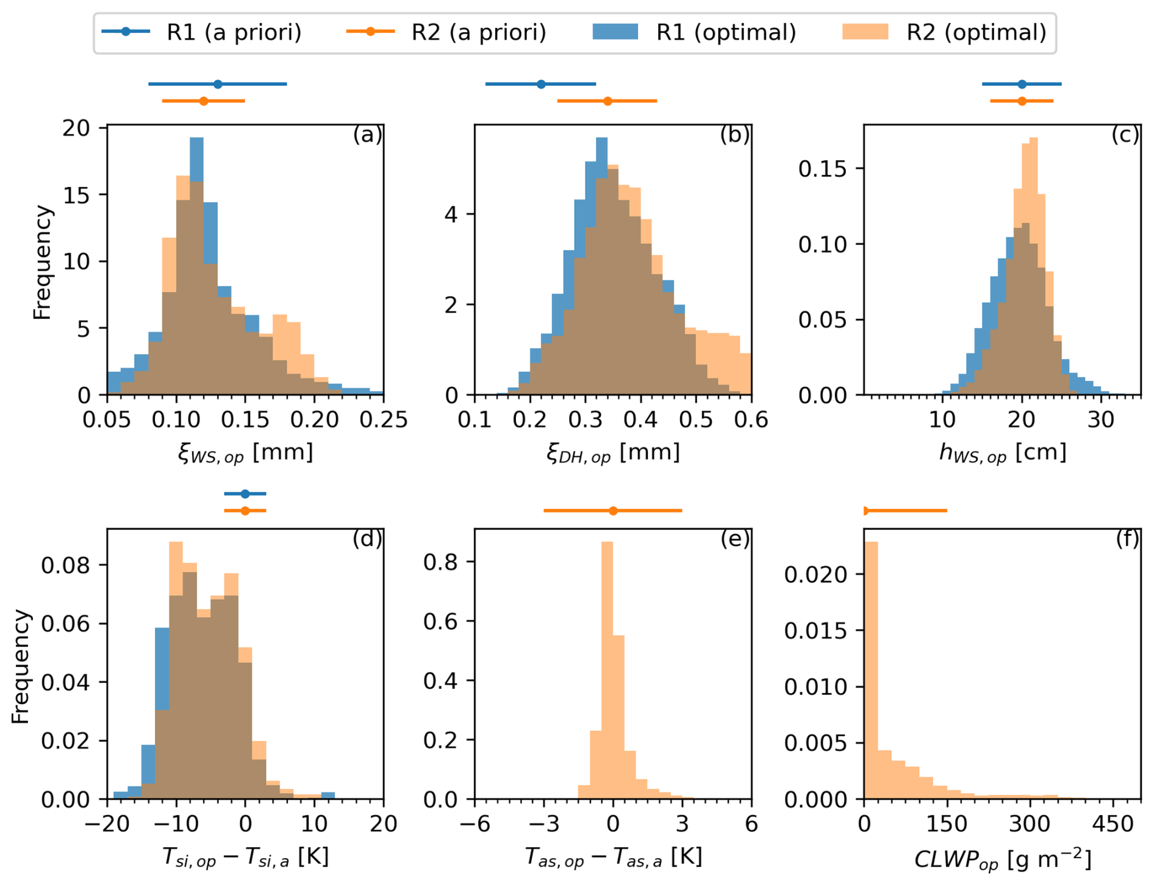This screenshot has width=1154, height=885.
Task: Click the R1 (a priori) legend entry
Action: [x=201, y=32]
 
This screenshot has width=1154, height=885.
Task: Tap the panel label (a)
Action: [x=367, y=135]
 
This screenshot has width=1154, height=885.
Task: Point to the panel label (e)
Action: [x=735, y=539]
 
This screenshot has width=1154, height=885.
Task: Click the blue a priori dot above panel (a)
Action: [x=218, y=84]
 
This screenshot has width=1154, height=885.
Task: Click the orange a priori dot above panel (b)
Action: [x=607, y=101]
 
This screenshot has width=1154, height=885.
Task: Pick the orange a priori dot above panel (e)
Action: [x=613, y=511]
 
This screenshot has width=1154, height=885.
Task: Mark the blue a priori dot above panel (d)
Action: [x=245, y=494]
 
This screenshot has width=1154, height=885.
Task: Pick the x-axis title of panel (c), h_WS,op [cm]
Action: [x=1003, y=452]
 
